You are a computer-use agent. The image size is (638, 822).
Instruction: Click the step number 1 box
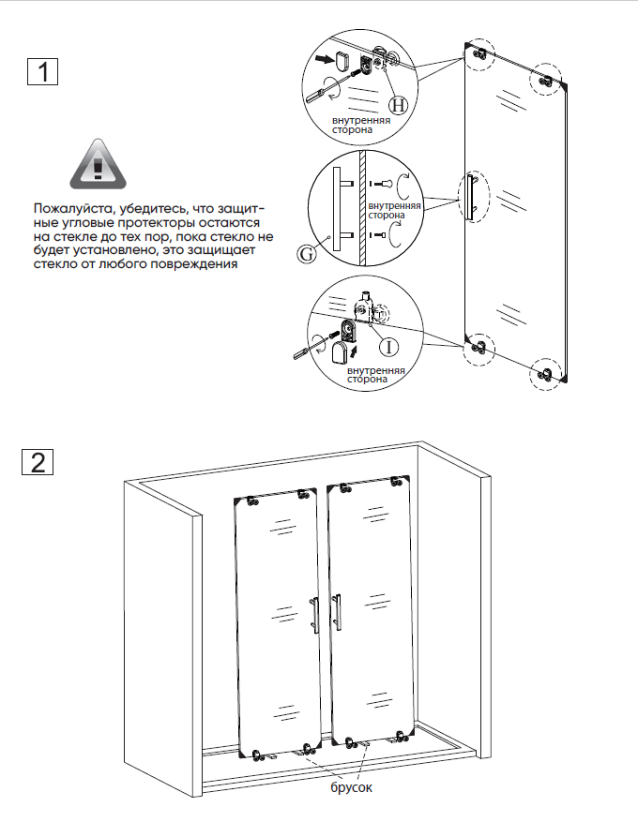pyautogui.click(x=42, y=71)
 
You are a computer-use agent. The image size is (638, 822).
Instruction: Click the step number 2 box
pyautogui.click(x=38, y=461)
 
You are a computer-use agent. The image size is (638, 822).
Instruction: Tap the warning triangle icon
pyautogui.click(x=99, y=164)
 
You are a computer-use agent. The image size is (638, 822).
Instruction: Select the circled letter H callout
pyautogui.click(x=398, y=105)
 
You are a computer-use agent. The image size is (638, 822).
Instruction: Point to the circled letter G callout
pyautogui.click(x=307, y=254)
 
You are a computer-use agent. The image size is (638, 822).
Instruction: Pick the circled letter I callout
pyautogui.click(x=388, y=347)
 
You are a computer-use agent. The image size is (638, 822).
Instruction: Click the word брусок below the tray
pyautogui.click(x=351, y=786)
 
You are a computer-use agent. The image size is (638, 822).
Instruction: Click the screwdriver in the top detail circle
pyautogui.click(x=328, y=86)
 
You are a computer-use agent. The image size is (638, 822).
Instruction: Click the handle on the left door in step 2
pyautogui.click(x=314, y=615)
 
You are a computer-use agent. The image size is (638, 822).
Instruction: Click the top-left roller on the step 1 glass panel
pyautogui.click(x=479, y=53)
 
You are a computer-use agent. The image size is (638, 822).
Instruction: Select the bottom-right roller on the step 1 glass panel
pyautogui.click(x=546, y=374)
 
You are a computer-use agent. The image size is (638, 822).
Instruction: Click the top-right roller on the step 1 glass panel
pyautogui.click(x=546, y=81)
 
